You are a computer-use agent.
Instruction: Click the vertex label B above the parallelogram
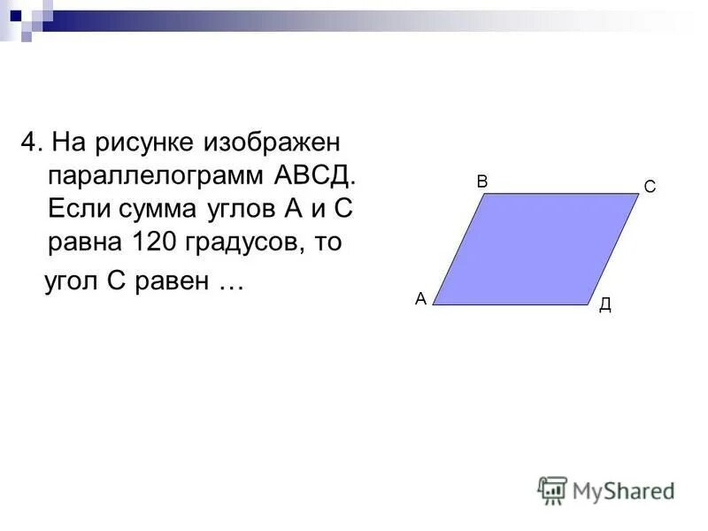pos(482,181)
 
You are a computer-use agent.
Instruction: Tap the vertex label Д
pos(605,305)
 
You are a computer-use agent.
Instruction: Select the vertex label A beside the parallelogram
pos(420,299)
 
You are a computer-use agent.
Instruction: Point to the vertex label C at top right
pos(650,188)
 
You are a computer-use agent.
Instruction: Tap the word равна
pos(78,242)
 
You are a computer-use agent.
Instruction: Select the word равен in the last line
pos(176,282)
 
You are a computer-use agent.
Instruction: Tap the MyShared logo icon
pos(552,489)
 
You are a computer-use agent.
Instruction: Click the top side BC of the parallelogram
pos(560,194)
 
